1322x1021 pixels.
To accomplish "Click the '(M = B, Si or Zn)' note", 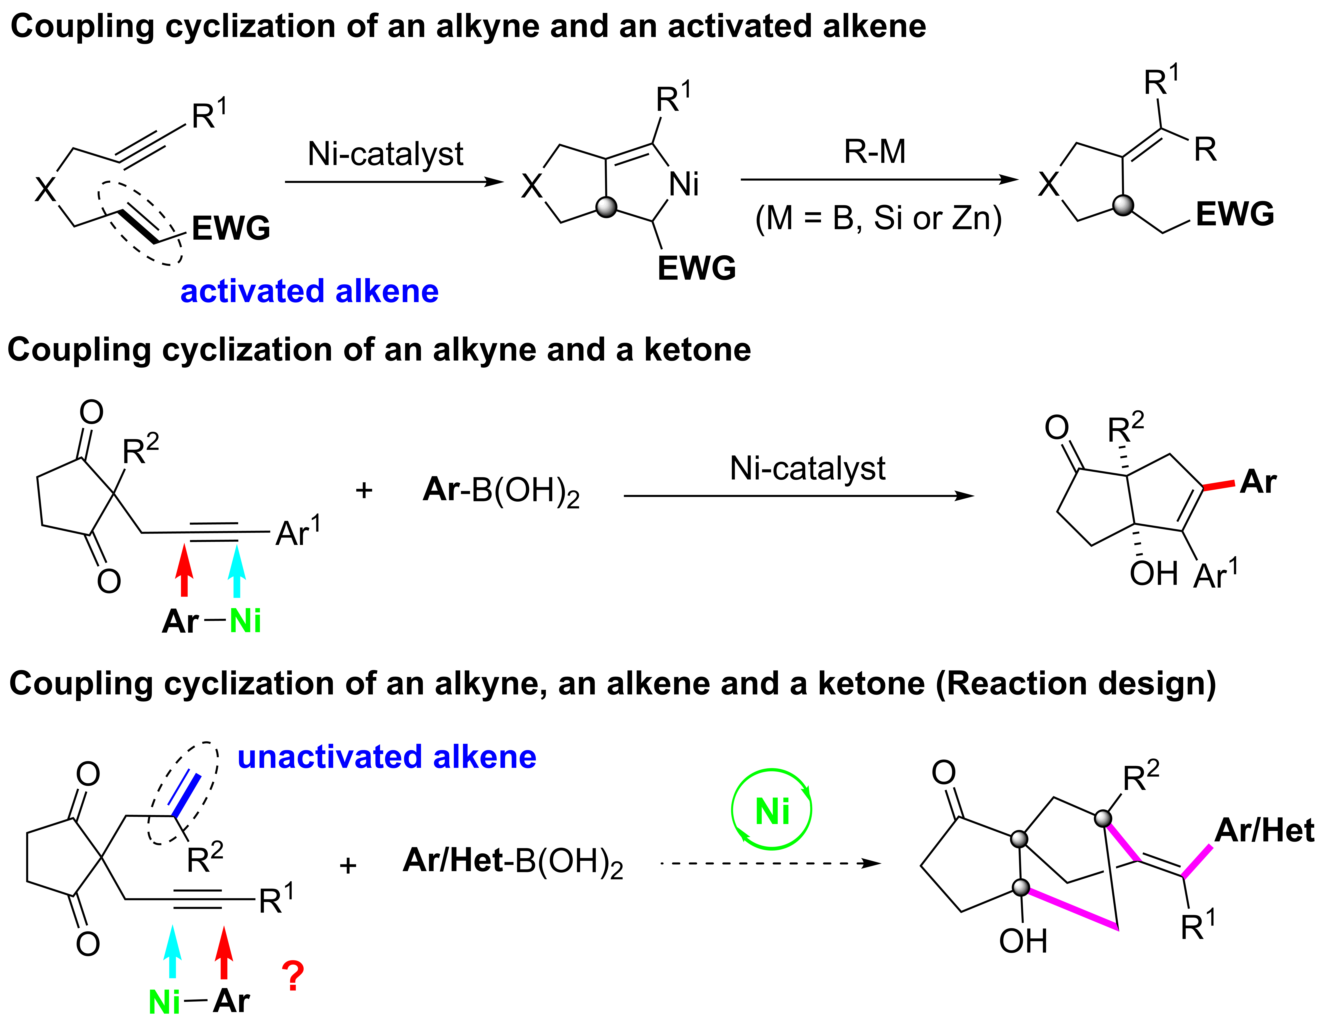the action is (x=878, y=218).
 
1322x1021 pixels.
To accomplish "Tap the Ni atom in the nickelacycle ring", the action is (x=684, y=184).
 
